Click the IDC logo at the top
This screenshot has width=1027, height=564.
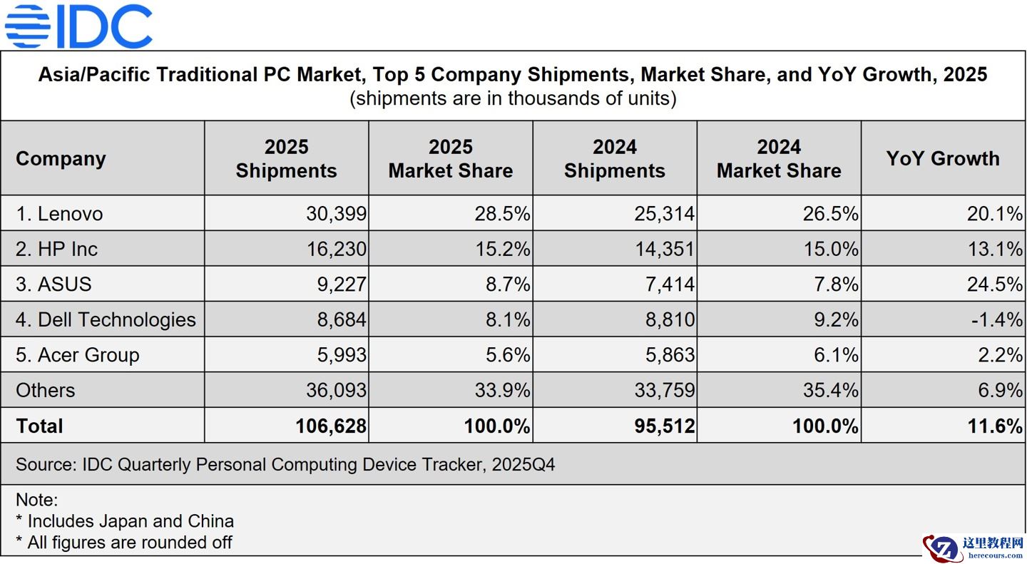click(x=78, y=26)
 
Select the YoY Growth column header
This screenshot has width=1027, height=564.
click(x=942, y=158)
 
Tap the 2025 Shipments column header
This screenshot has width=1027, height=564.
click(x=286, y=159)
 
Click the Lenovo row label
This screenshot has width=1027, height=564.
click(x=59, y=214)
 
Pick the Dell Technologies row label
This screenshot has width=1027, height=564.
click(x=106, y=319)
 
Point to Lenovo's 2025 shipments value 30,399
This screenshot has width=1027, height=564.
click(x=336, y=214)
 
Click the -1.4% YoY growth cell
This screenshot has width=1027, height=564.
click(x=996, y=319)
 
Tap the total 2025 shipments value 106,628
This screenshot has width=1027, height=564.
click(x=331, y=426)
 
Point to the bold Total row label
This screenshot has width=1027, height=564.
click(x=39, y=426)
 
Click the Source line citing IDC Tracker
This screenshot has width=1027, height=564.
click(x=285, y=465)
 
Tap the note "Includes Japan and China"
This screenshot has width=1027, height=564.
click(x=125, y=521)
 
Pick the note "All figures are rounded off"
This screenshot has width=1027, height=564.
click(x=124, y=543)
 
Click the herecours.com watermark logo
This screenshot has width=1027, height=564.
click(x=973, y=548)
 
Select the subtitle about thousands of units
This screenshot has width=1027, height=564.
click(x=512, y=98)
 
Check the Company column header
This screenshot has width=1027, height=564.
click(x=61, y=158)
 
